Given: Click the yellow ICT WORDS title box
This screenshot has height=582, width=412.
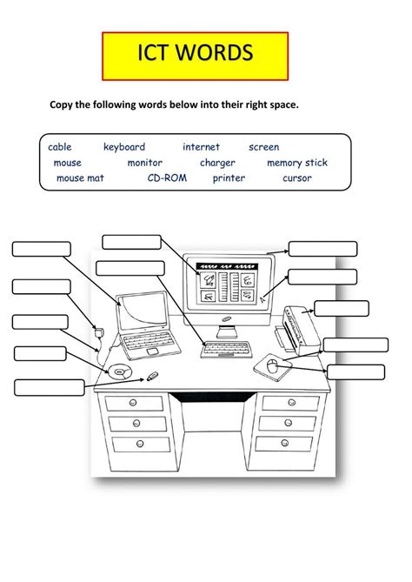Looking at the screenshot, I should (x=195, y=55).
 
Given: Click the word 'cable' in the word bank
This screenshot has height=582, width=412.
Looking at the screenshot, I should (x=60, y=147).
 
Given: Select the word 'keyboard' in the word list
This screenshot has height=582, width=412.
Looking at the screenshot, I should (x=124, y=147).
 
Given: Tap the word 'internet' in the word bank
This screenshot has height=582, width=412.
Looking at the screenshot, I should (x=201, y=147).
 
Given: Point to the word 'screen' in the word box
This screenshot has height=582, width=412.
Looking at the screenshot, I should (x=263, y=147).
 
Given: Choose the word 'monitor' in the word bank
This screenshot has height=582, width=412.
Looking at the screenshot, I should (x=145, y=163).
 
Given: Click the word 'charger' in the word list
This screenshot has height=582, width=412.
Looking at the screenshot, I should (x=217, y=163).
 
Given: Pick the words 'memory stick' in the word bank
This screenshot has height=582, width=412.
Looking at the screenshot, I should (x=297, y=163).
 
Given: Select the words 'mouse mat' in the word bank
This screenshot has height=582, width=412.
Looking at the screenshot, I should (x=81, y=178).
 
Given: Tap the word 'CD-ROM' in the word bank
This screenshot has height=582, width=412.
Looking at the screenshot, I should (x=165, y=178).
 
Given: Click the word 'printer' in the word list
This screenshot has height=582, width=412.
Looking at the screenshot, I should (x=229, y=178).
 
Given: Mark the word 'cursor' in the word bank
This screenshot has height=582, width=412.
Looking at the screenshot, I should (x=296, y=178).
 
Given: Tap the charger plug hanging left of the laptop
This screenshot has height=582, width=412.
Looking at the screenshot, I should (x=99, y=332).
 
